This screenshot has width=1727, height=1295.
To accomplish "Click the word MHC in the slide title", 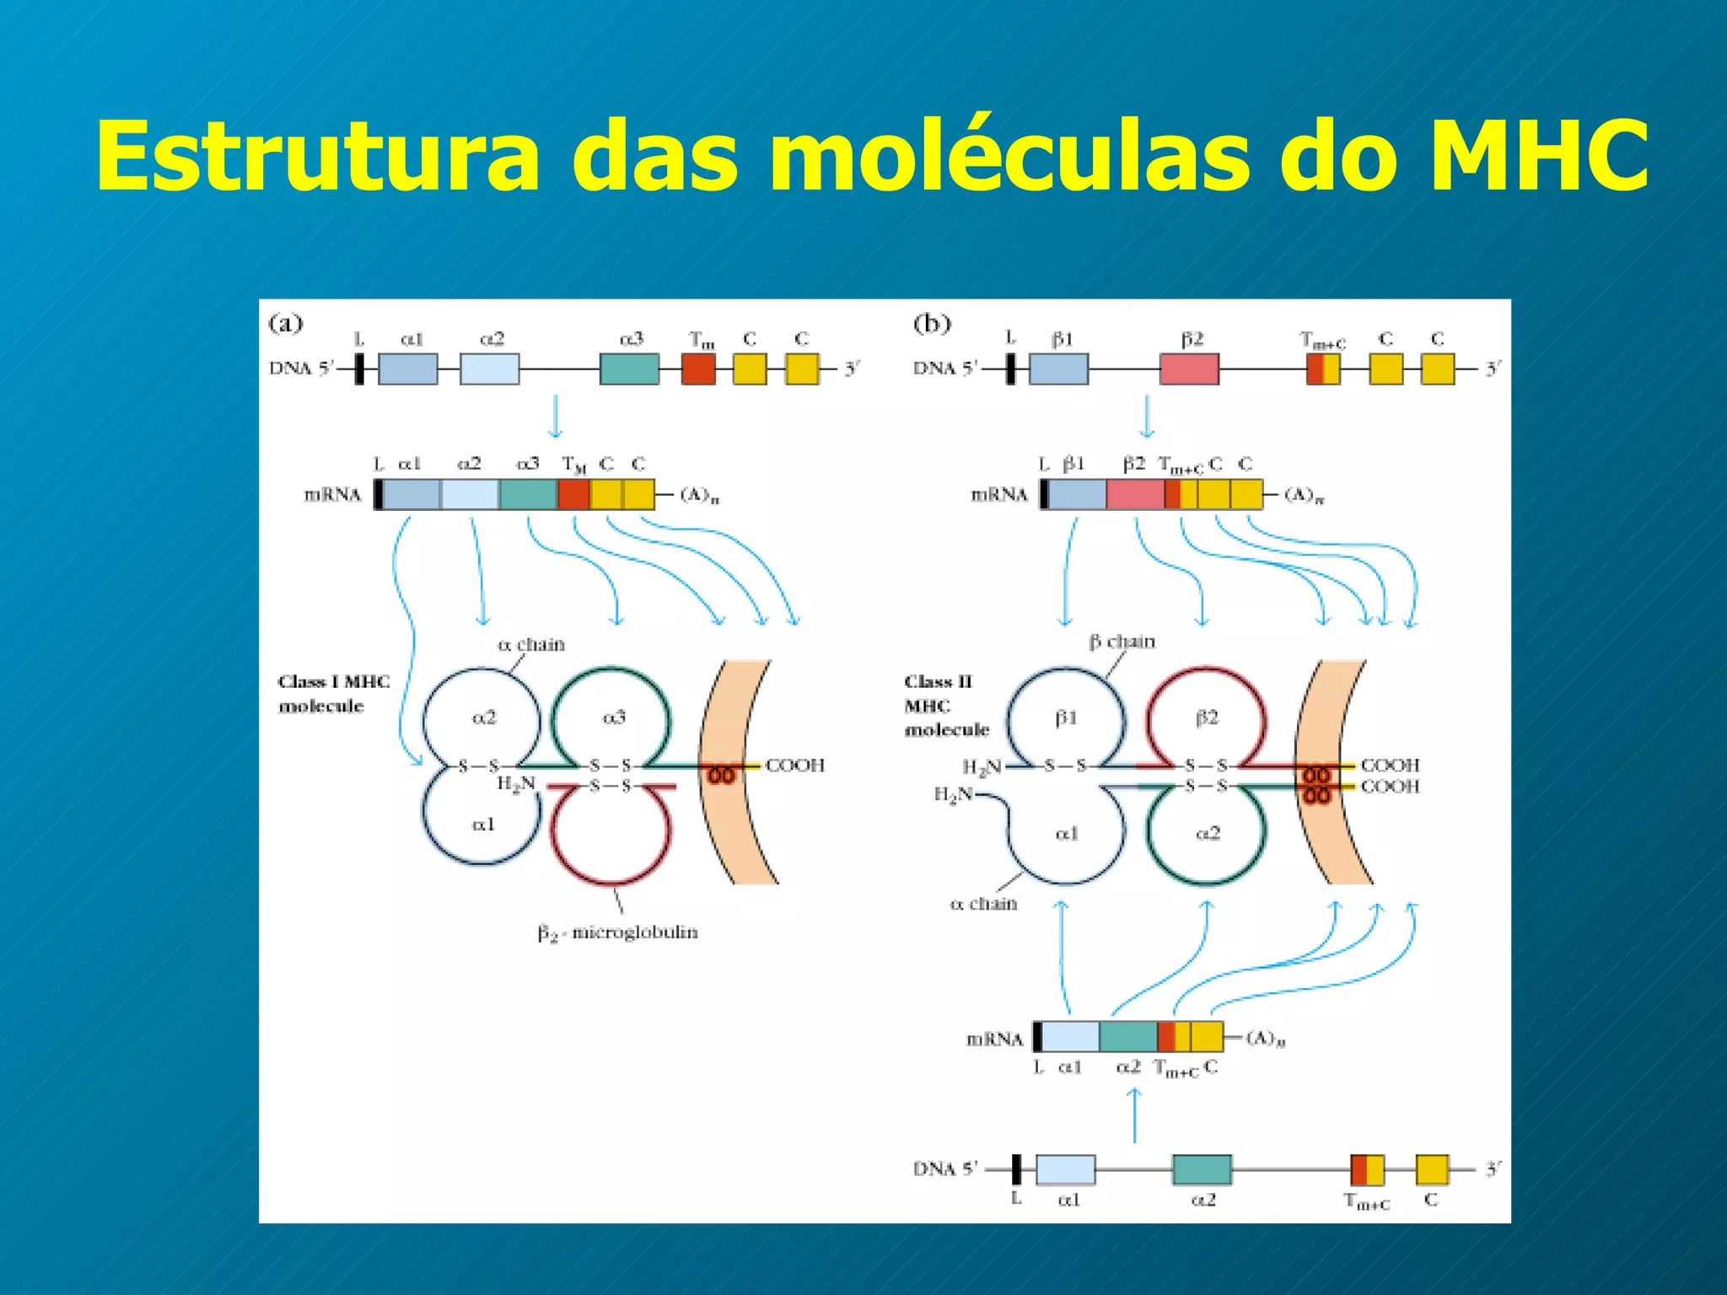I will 1540,157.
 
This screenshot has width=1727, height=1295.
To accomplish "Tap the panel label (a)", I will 285,323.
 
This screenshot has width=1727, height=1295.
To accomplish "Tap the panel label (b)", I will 932,323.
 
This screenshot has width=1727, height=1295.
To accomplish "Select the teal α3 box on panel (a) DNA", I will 629,368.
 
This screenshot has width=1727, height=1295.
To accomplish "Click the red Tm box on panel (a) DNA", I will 698,368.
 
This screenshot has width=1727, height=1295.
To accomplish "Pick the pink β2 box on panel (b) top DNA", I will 1189,368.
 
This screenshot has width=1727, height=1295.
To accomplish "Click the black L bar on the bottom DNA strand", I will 1016,1169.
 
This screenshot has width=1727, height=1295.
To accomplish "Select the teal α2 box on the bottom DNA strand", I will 1202,1169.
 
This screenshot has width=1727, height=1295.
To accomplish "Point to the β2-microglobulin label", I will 617,932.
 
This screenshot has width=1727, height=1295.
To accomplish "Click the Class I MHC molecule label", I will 333,693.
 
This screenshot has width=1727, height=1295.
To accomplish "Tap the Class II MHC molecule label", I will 945,705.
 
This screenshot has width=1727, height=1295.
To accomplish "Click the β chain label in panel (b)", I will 1122,642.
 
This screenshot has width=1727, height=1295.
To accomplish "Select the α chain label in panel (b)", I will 983,904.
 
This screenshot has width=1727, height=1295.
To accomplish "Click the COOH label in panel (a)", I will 794,766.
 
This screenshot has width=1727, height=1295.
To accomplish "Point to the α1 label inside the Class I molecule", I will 483,824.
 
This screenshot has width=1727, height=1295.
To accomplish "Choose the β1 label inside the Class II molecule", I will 1066,717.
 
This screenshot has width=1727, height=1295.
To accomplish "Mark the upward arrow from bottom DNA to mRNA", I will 1134,1115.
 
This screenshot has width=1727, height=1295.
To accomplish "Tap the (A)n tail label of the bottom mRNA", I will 1265,1038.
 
